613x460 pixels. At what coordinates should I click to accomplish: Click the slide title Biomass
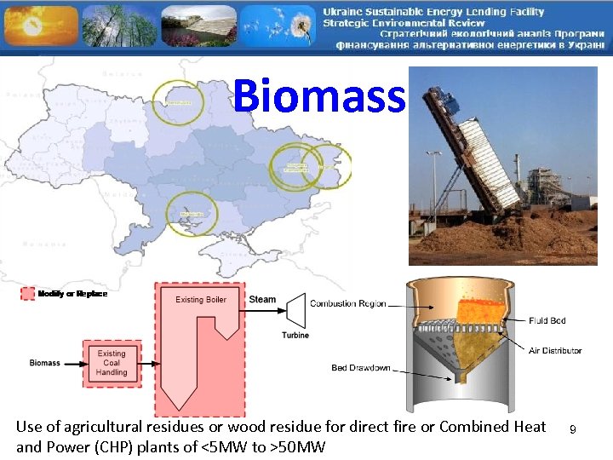tap(319, 95)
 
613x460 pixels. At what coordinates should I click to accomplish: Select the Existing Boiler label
tap(201, 299)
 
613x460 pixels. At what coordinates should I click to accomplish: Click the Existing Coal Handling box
tap(112, 364)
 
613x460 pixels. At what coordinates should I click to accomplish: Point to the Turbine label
tap(295, 335)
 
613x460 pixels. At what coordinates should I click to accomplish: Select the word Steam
tap(262, 299)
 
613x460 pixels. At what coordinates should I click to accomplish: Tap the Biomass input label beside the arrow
tap(45, 363)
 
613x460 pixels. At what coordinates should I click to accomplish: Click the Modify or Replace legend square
tap(27, 294)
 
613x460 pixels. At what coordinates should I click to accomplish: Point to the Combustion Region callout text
tap(347, 303)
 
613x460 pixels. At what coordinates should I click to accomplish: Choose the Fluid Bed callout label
tap(547, 320)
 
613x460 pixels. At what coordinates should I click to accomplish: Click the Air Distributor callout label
tap(554, 350)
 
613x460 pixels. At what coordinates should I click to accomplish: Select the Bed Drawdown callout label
tap(361, 368)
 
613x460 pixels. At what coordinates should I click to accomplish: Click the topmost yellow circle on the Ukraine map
tap(179, 103)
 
